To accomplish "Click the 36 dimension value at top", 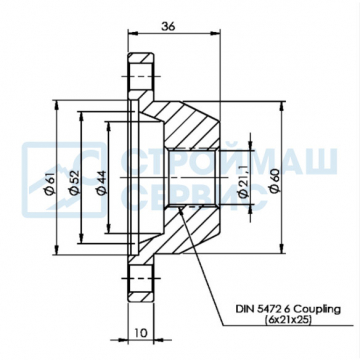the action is coord(168,26).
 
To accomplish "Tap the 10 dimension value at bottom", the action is coord(141,332).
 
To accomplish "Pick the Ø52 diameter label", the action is coord(74,182).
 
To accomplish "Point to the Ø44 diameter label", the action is coord(101,182).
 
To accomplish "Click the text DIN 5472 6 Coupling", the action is coord(288,310).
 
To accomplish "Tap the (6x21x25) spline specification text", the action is coord(289,320).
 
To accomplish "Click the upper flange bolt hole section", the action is coord(141,77).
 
